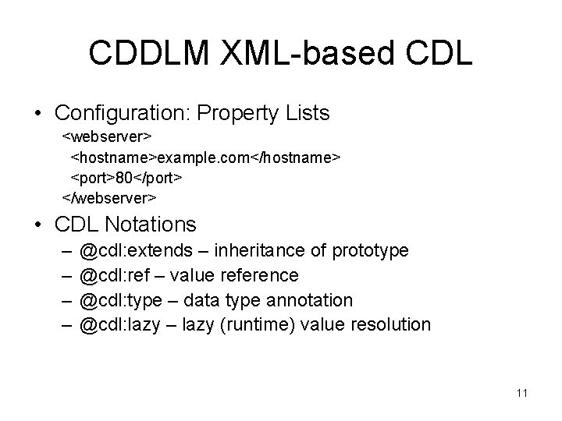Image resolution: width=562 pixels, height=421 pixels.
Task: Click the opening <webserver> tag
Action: click(107, 138)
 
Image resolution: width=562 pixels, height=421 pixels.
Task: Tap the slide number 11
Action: click(521, 393)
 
